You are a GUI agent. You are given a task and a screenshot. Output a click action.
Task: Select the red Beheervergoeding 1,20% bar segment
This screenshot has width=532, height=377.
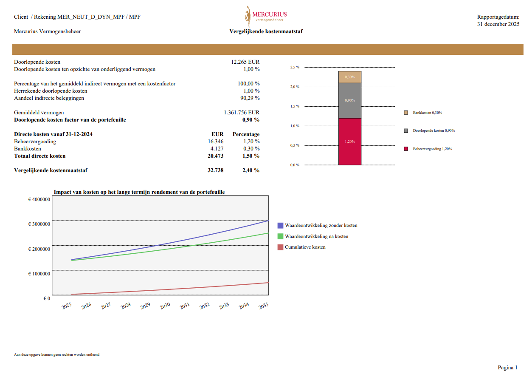[x=350, y=142]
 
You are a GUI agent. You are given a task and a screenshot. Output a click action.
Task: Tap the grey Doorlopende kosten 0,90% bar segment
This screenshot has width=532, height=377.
[x=350, y=100]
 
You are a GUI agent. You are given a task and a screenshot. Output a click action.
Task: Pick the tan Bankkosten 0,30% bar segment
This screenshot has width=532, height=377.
[x=350, y=77]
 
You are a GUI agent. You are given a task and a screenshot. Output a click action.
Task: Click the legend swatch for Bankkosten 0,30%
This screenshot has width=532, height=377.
[x=406, y=113]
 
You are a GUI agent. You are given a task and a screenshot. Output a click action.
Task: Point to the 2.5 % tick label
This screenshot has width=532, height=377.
[x=295, y=67]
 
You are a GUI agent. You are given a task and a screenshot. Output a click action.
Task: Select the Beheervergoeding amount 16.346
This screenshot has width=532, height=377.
[x=215, y=142]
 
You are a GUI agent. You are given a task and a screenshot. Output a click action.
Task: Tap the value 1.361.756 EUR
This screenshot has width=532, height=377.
[x=241, y=113]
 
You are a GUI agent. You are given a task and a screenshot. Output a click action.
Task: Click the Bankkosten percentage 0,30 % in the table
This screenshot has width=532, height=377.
[x=251, y=149]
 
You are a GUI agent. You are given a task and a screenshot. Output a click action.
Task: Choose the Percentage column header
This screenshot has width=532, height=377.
[x=246, y=134]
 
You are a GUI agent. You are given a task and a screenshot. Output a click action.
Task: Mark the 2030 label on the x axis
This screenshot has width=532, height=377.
[x=165, y=306]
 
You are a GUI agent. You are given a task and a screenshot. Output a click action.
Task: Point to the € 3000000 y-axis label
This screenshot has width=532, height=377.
[x=39, y=224]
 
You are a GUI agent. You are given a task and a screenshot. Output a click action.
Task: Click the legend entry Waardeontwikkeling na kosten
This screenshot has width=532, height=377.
[x=316, y=236]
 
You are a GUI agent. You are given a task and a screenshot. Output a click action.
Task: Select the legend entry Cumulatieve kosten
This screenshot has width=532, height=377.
[x=305, y=247]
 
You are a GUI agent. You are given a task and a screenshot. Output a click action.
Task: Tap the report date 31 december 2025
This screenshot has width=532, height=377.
[x=498, y=24]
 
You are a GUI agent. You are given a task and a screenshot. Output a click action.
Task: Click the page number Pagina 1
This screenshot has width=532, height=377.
[x=507, y=368]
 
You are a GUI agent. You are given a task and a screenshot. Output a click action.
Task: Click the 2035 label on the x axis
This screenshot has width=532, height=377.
[x=263, y=306]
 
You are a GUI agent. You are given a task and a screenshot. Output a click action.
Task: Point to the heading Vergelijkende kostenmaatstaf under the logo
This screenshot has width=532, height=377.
[x=266, y=31]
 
